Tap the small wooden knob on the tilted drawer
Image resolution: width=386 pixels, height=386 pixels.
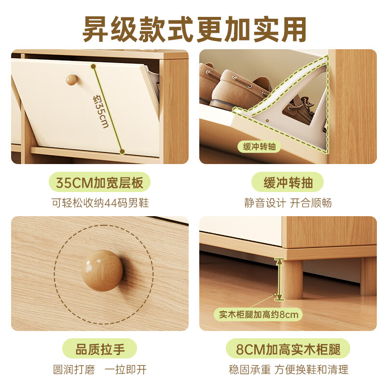[x=71, y=79]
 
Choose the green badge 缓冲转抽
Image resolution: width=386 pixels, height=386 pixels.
[x=288, y=183]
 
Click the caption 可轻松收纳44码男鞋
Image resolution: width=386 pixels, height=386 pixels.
[x=100, y=203]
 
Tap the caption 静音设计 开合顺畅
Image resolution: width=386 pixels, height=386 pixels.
[x=288, y=203]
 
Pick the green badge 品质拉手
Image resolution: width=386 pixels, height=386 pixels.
[x=100, y=348]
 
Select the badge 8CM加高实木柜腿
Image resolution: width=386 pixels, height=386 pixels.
[x=288, y=348]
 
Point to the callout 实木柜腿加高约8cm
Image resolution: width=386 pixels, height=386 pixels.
[x=259, y=315]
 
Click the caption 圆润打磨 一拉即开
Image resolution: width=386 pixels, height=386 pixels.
[x=100, y=370]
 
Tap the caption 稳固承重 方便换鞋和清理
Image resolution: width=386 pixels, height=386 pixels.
[x=288, y=370]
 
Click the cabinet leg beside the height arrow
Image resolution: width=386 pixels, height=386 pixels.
[x=292, y=279]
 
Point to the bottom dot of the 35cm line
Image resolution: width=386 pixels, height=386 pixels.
[x=123, y=152]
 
